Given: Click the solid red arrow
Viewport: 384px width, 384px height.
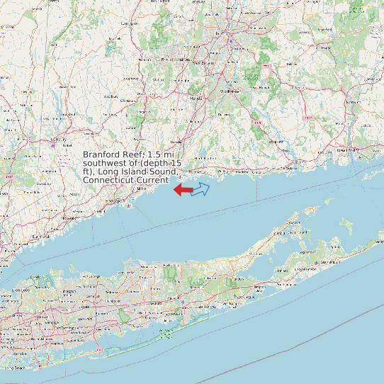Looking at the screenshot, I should click(183, 190).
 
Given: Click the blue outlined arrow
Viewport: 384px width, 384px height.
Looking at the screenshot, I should click(201, 188).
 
